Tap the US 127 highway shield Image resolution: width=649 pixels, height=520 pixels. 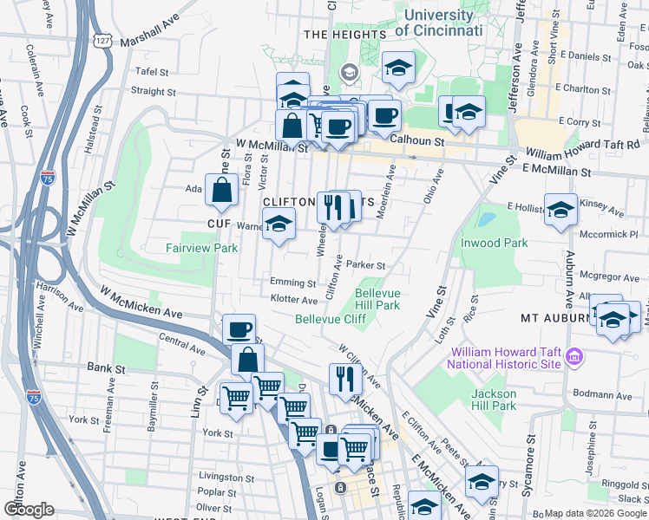click(x=103, y=41)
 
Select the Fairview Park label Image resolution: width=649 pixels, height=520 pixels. click(x=201, y=248)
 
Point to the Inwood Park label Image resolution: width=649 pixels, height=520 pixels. click(x=494, y=244)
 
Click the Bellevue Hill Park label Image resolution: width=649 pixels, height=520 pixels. click(x=377, y=299)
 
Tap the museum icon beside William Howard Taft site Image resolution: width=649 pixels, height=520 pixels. click(x=573, y=356)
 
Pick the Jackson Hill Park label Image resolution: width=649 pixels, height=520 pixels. click(x=494, y=400)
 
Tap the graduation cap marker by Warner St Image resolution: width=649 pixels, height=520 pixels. click(x=279, y=224)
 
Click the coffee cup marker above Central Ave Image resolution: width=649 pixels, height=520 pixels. click(x=239, y=330)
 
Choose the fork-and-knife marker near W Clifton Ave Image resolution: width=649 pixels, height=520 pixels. click(x=345, y=378)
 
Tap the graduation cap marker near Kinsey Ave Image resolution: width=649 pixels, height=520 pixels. click(x=560, y=209)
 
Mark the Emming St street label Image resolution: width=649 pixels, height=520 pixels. click(x=292, y=283)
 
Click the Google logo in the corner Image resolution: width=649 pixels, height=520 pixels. click(x=29, y=510)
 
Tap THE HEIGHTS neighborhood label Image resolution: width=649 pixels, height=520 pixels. click(x=344, y=35)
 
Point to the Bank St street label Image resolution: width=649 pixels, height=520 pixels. click(x=107, y=368)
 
